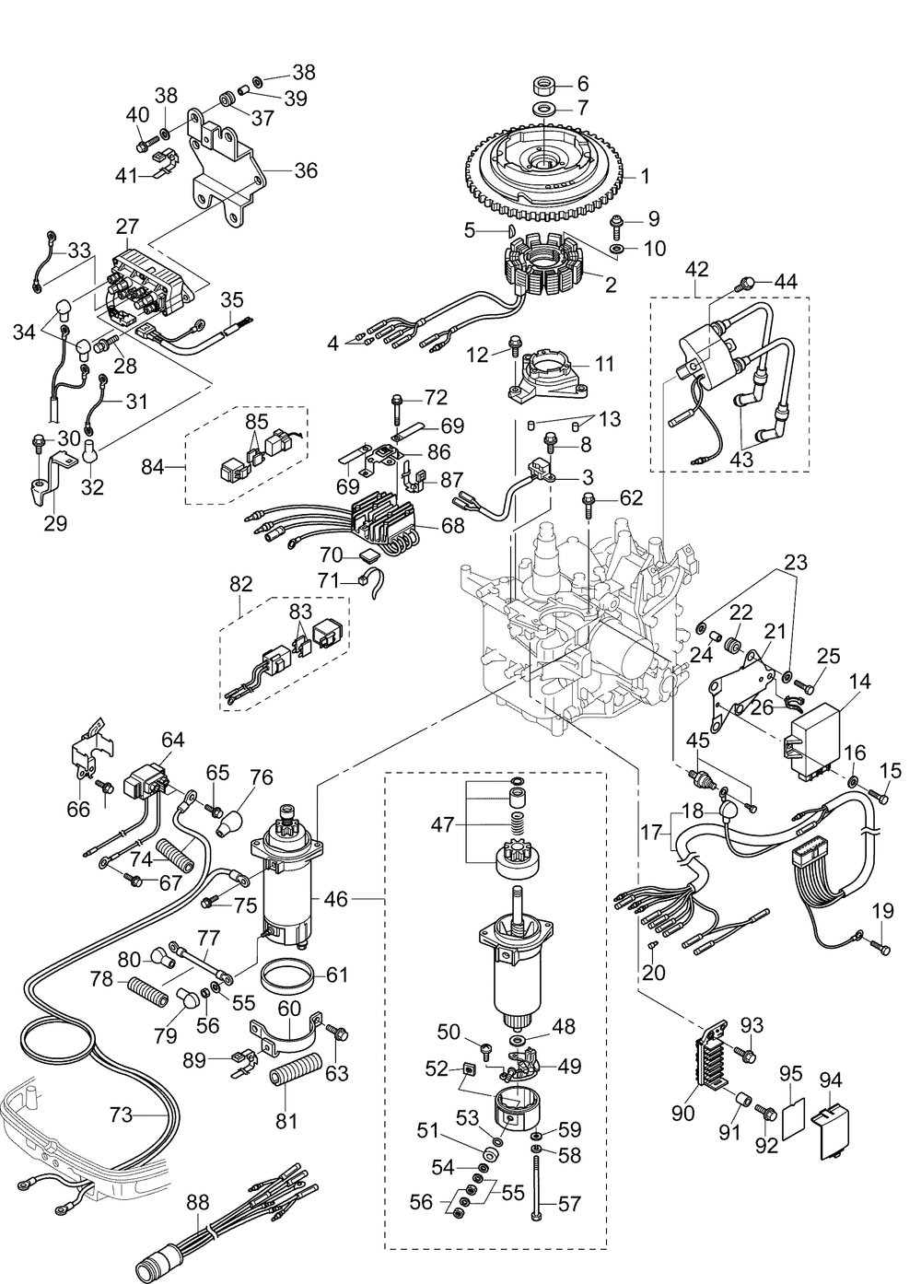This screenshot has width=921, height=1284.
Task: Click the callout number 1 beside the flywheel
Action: click(645, 175)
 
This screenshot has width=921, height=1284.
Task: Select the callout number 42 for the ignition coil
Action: click(697, 269)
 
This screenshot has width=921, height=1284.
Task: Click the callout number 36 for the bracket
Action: click(306, 170)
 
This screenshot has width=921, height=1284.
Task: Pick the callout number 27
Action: click(127, 227)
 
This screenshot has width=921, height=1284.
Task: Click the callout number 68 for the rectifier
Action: click(453, 525)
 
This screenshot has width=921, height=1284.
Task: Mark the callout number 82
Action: click(240, 584)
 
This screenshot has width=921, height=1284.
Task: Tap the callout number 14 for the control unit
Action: click(859, 682)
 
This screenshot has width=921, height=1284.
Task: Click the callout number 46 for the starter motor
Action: click(337, 898)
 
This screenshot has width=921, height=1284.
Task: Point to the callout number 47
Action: click(444, 824)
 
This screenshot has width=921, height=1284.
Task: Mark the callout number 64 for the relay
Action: click(173, 740)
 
